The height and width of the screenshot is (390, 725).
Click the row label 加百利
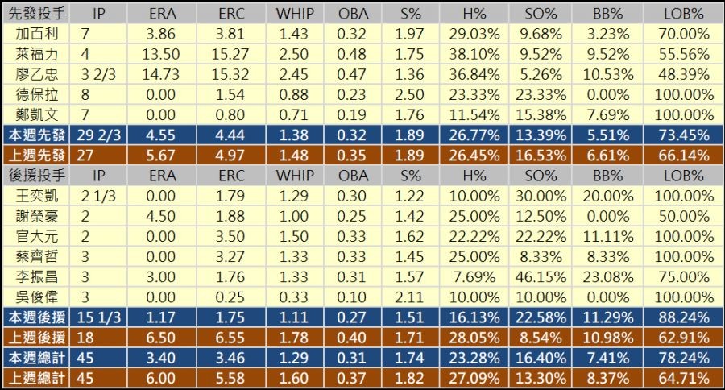click(x=37, y=34)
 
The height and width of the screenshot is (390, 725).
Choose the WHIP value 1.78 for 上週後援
click(x=295, y=337)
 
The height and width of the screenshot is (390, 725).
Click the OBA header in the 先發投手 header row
click(x=353, y=14)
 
